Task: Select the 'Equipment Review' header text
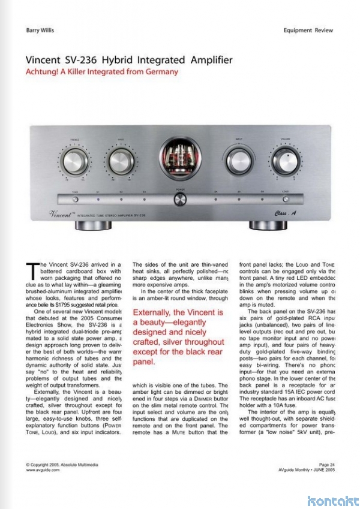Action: pos(309,29)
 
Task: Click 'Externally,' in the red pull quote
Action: pos(155,312)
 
